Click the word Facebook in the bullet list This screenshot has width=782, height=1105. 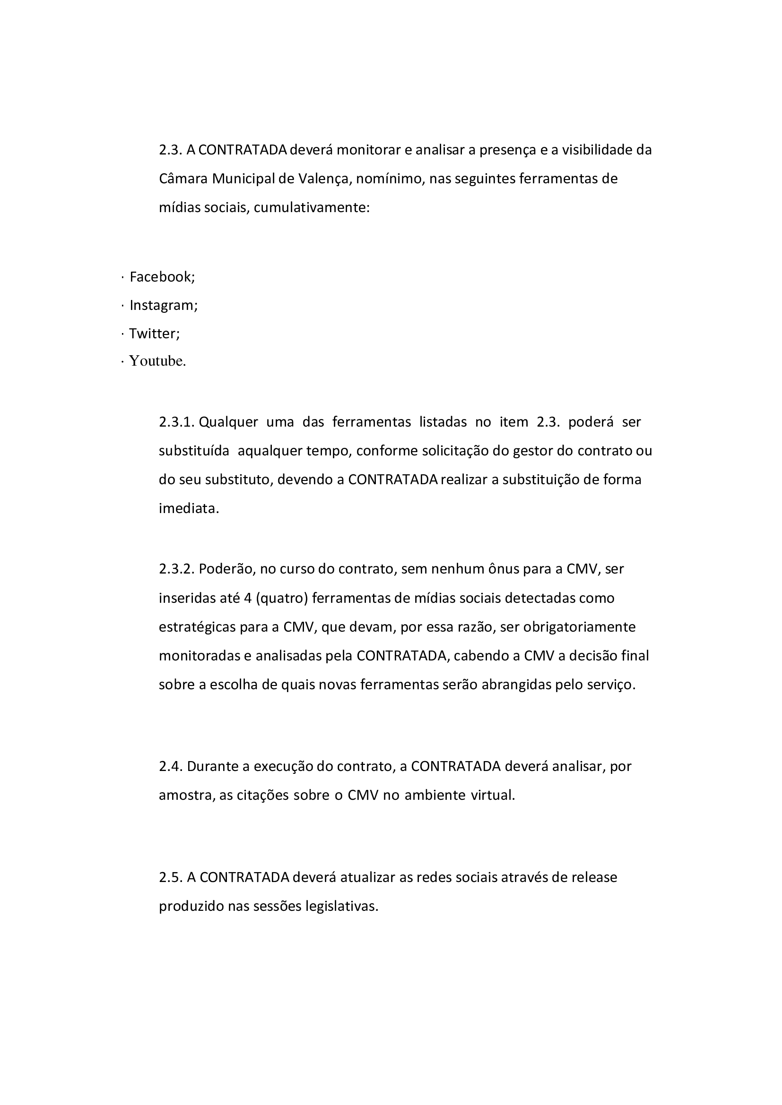tap(162, 277)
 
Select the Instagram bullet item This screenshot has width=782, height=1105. tap(163, 305)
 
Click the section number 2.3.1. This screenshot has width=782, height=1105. tap(177, 422)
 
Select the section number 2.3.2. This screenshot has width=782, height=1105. tap(177, 569)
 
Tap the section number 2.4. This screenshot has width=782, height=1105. tap(171, 766)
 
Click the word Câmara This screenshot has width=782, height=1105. tap(183, 179)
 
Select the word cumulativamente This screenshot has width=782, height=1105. tap(311, 207)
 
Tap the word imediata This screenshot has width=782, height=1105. tap(189, 508)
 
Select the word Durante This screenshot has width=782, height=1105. tap(212, 766)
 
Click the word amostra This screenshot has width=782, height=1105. tap(186, 795)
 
